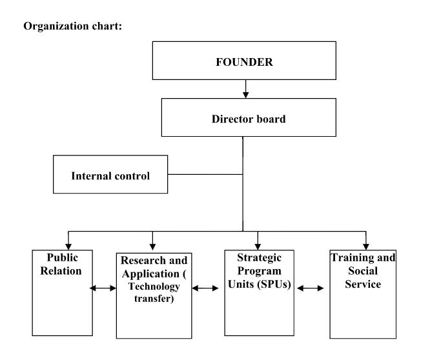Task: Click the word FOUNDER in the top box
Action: pyautogui.click(x=244, y=62)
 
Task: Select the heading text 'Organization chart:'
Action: pyautogui.click(x=73, y=26)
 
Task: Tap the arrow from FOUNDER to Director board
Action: pyautogui.click(x=246, y=89)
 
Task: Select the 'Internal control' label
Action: pyautogui.click(x=110, y=176)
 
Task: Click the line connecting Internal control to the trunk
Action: pyautogui.click(x=205, y=174)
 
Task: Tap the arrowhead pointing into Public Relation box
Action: pyautogui.click(x=68, y=246)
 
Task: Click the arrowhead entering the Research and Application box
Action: pyautogui.click(x=153, y=246)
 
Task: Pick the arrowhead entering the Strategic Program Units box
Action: pyautogui.click(x=258, y=246)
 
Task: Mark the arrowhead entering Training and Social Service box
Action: pyautogui.click(x=366, y=246)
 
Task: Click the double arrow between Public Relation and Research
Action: pyautogui.click(x=103, y=288)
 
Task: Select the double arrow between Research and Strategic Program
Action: pyautogui.click(x=205, y=288)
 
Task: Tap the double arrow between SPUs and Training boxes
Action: pyautogui.click(x=310, y=288)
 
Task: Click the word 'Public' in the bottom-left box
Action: pyautogui.click(x=63, y=257)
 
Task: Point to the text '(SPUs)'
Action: pyautogui.click(x=274, y=284)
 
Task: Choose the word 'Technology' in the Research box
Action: pyautogui.click(x=154, y=286)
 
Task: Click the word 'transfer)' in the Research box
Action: pyautogui.click(x=154, y=298)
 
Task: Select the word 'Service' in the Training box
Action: pyautogui.click(x=363, y=284)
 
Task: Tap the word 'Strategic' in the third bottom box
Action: pyautogui.click(x=260, y=258)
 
